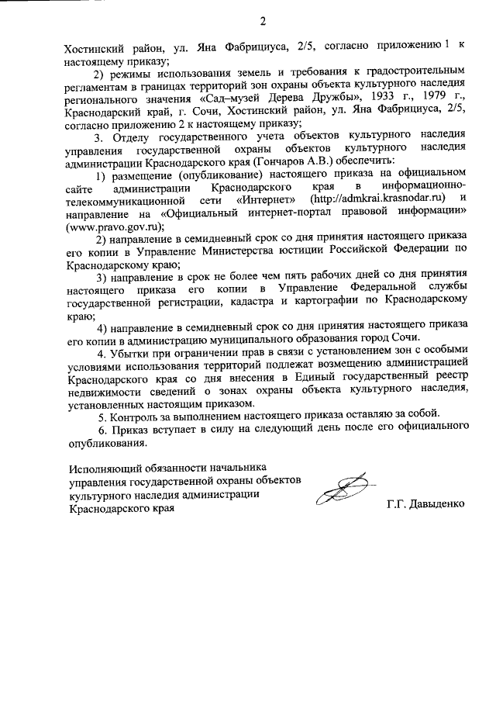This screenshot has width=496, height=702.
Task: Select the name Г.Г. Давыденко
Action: (x=426, y=504)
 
